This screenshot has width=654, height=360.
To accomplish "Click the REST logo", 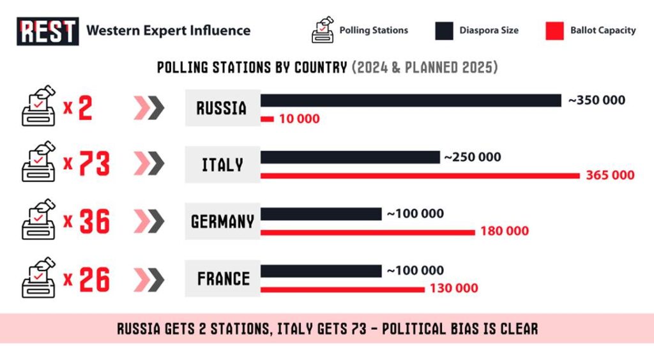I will (48, 31).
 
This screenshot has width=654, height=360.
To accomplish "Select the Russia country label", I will (222, 108).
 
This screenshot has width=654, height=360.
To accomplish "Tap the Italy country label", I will (222, 165).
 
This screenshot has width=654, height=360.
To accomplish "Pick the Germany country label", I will (222, 221).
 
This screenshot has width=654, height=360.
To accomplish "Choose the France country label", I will (222, 278).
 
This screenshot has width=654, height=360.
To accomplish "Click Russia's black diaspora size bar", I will (411, 100).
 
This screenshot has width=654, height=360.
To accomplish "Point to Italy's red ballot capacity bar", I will (420, 176).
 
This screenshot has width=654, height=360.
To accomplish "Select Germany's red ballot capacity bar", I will (368, 232).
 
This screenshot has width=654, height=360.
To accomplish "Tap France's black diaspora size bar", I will (321, 271).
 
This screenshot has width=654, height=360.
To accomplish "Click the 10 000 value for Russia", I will (299, 119).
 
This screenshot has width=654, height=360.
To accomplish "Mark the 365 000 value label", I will (610, 176).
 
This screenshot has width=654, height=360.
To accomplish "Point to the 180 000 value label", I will (505, 232).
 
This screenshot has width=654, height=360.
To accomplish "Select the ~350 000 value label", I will (597, 100).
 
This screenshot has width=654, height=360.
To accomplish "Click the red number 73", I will (93, 165).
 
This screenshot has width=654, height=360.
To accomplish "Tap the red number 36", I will (93, 221).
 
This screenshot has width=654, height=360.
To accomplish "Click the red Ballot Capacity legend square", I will (554, 31).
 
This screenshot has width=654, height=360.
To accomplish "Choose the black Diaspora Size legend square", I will (444, 31).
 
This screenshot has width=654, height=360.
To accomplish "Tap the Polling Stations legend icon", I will (323, 30).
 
